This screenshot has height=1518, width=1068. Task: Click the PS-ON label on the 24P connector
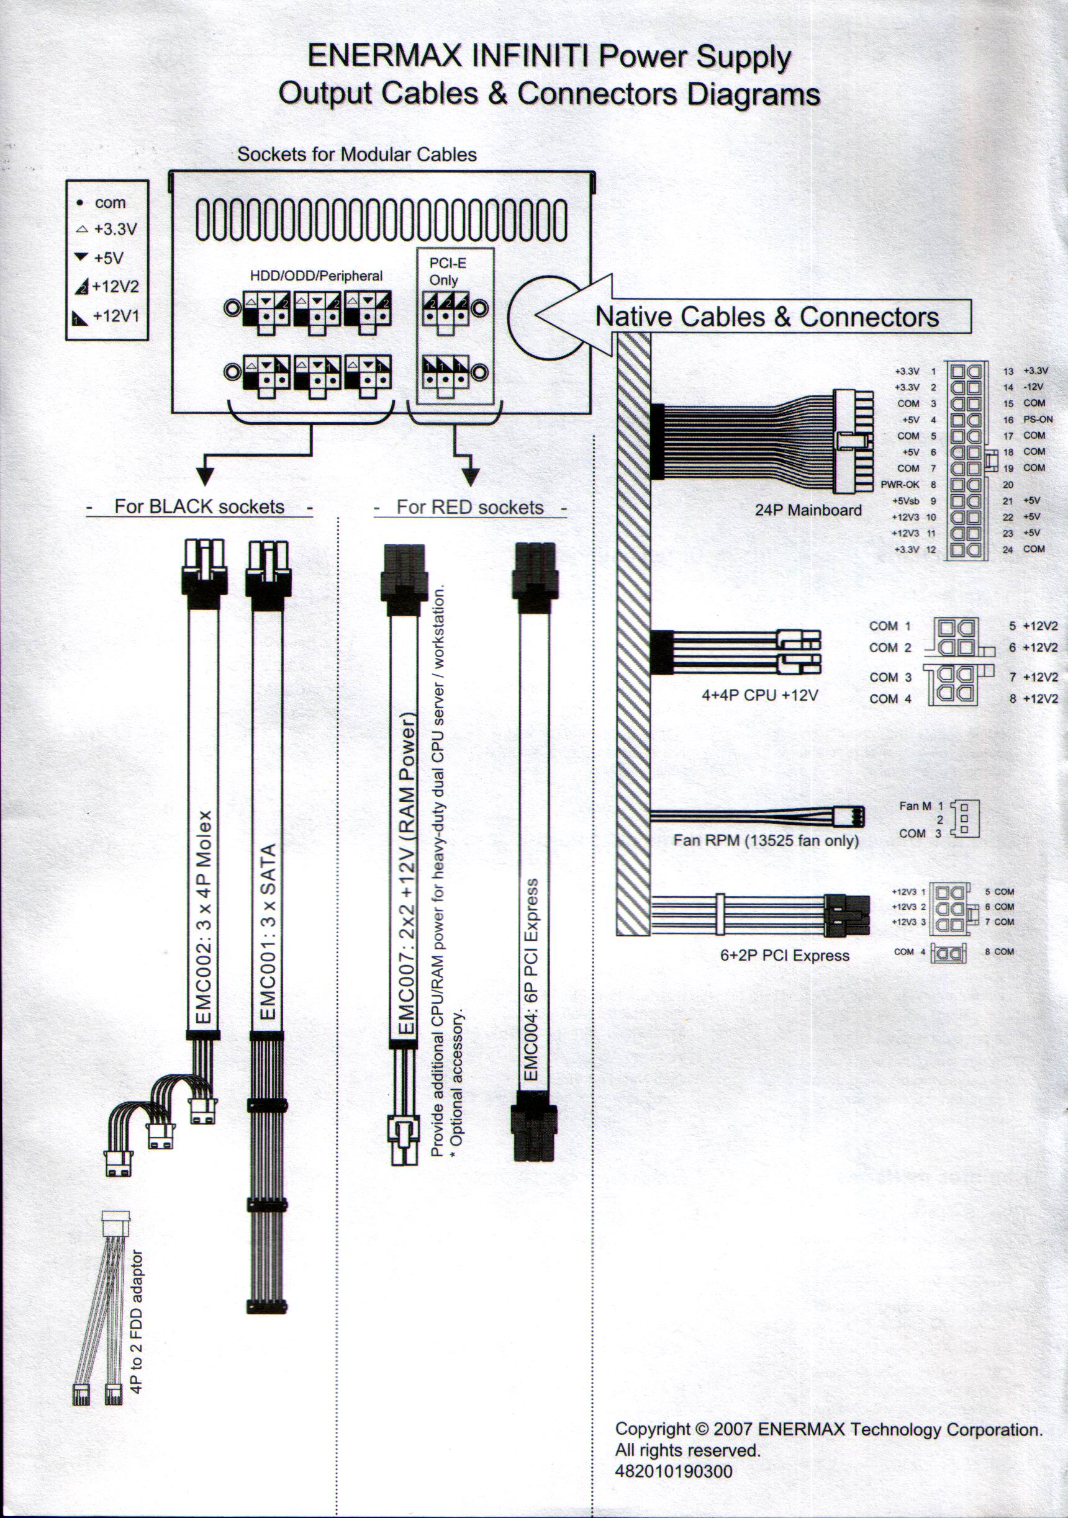[1038, 419]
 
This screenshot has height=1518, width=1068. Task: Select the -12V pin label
[1033, 387]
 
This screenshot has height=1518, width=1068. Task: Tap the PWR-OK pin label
[899, 485]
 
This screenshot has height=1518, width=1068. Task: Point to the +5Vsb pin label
[905, 501]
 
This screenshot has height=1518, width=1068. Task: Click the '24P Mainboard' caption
[808, 510]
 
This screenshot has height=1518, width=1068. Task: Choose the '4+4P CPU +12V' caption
[760, 695]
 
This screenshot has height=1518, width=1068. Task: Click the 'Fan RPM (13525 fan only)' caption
[766, 840]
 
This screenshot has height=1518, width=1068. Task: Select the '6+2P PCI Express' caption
[784, 955]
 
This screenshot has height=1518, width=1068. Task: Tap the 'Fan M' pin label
[915, 806]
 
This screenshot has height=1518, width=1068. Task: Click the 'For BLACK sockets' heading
[199, 507]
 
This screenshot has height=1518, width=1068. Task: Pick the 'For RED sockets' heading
[469, 508]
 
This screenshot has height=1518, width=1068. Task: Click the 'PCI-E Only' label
[448, 271]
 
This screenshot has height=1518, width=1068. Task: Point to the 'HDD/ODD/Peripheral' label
[316, 276]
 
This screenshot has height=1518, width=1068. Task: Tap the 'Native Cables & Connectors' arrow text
[767, 317]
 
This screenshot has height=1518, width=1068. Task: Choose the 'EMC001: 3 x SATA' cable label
[268, 932]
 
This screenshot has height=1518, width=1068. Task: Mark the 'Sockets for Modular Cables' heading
[357, 155]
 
